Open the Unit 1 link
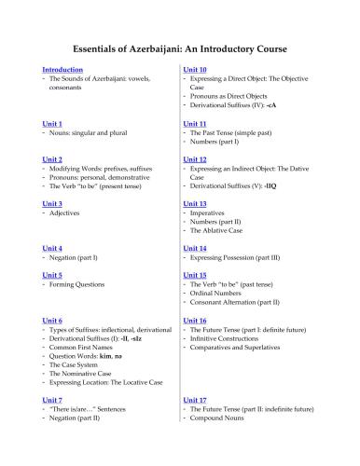click(x=52, y=123)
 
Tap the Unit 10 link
click(x=195, y=70)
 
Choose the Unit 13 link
click(x=195, y=203)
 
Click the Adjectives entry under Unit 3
click(x=66, y=213)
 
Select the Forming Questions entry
click(x=80, y=285)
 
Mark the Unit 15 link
click(x=195, y=275)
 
